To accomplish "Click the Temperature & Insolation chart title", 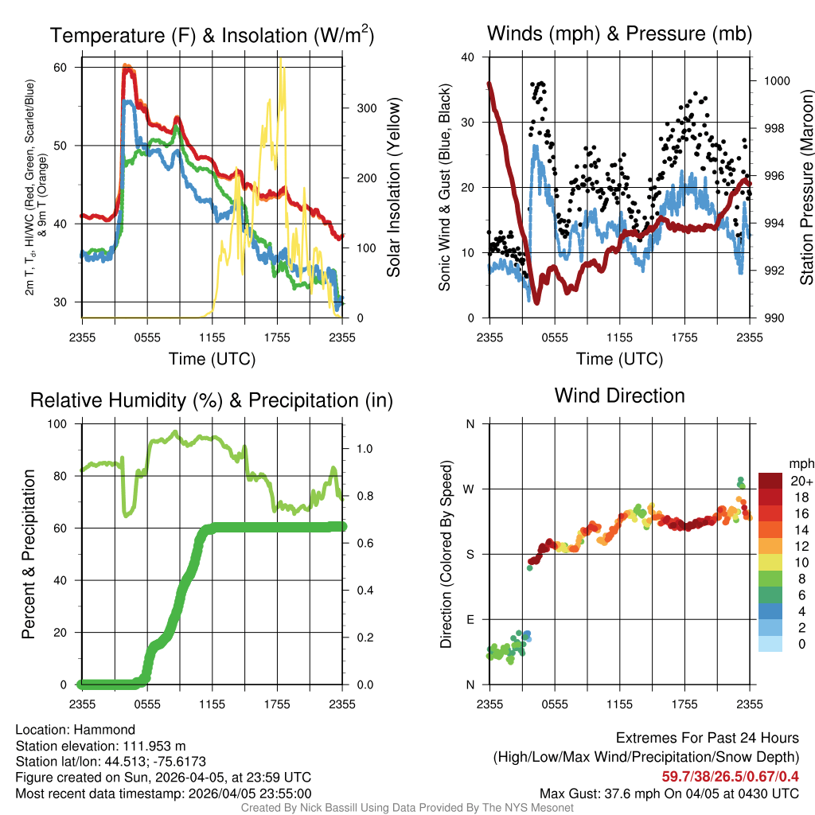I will tap(212, 36).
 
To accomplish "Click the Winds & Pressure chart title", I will tap(619, 33).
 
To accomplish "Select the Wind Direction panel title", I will tap(619, 396).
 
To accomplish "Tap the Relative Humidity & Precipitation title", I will tap(211, 400).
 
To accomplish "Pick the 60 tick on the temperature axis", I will tap(72, 68).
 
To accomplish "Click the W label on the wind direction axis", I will tap(470, 489).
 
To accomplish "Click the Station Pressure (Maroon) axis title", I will tap(805, 188).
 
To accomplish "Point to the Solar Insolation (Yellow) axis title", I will tap(393, 188).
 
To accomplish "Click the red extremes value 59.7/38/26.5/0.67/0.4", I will tap(730, 776).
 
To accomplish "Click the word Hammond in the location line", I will tap(109, 730).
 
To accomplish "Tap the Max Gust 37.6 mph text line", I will tap(669, 793).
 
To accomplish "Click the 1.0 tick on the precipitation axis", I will tap(363, 449).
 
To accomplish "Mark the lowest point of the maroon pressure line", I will tap(537, 302).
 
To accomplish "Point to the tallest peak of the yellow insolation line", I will tap(281, 60).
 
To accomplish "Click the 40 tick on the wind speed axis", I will tap(468, 57).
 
